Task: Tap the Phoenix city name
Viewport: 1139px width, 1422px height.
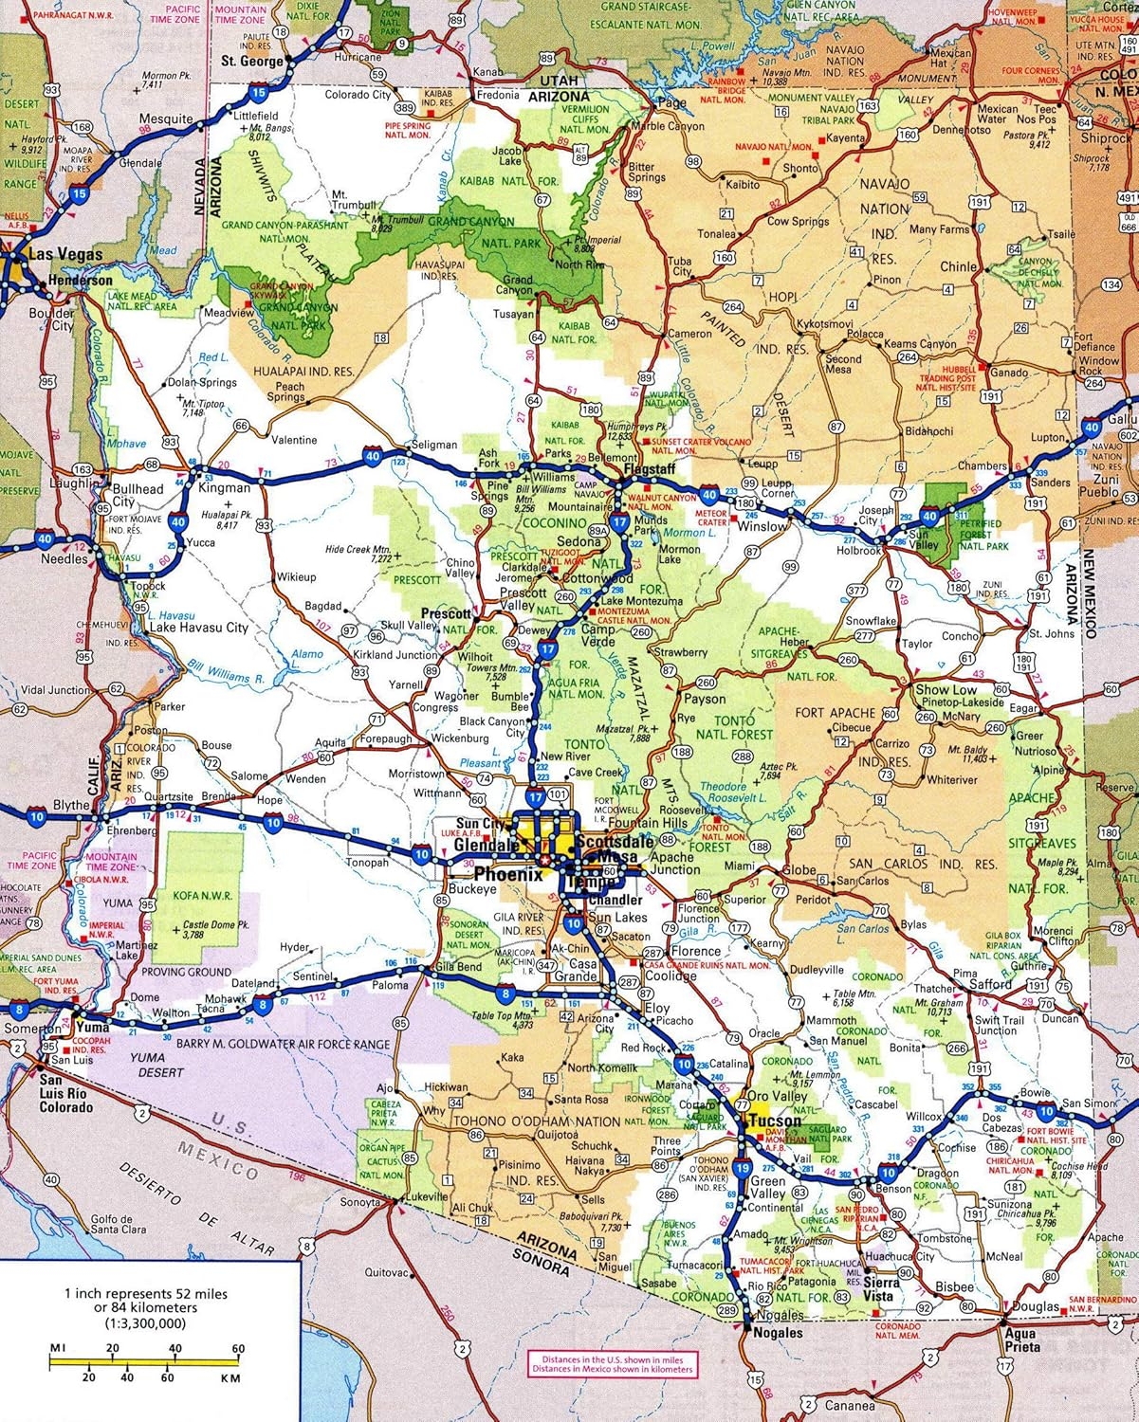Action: pyautogui.click(x=508, y=874)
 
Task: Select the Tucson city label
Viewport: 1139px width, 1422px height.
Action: pyautogui.click(x=775, y=1121)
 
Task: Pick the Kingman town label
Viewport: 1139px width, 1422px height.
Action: pyautogui.click(x=225, y=488)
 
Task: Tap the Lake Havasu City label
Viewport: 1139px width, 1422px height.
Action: pyautogui.click(x=197, y=628)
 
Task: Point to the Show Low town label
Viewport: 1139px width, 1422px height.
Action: pyautogui.click(x=946, y=690)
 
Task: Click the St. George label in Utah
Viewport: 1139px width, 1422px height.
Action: pyautogui.click(x=252, y=61)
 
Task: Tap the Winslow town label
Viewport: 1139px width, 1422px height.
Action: pyautogui.click(x=762, y=526)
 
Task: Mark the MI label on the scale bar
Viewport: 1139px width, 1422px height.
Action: pyautogui.click(x=58, y=1348)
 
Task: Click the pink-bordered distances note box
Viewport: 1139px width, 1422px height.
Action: pyautogui.click(x=611, y=1364)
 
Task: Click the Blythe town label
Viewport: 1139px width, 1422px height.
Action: pyautogui.click(x=71, y=806)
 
